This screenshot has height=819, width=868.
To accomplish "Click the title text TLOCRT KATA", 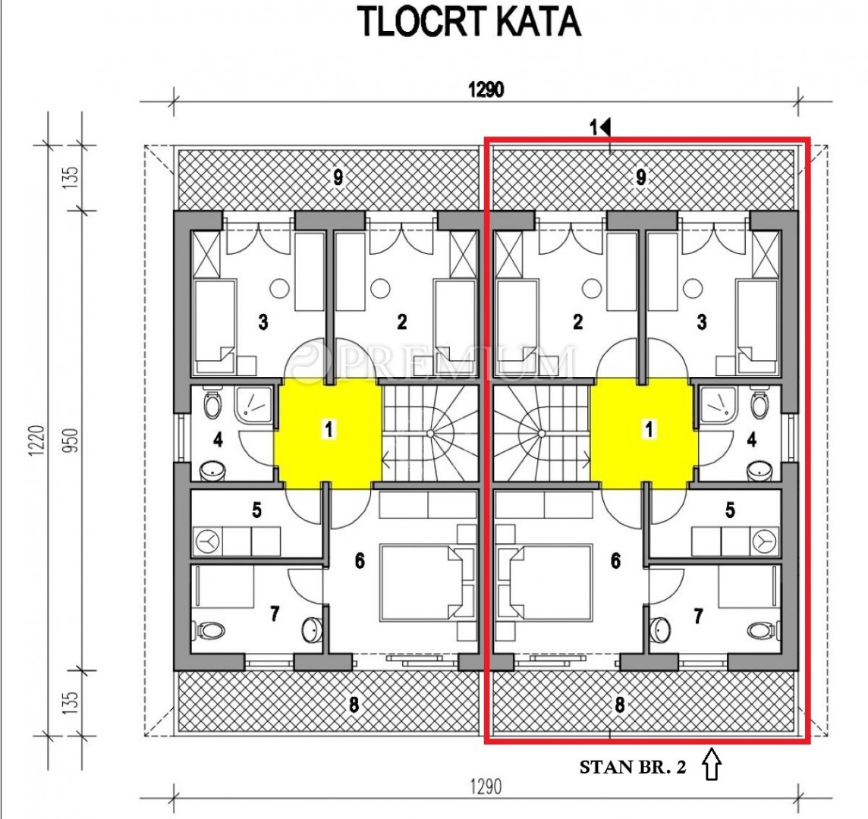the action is [x=471, y=23].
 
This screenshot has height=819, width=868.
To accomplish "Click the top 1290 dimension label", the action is [x=486, y=89].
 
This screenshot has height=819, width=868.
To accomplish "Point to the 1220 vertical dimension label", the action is [x=36, y=441].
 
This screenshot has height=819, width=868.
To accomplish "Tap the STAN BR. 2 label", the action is [x=633, y=767].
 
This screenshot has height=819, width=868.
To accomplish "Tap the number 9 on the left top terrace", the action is [x=338, y=178].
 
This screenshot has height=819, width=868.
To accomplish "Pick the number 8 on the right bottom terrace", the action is [x=619, y=704].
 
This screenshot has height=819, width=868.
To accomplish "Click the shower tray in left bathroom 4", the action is [x=254, y=406].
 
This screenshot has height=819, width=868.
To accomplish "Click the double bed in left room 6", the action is [x=420, y=582].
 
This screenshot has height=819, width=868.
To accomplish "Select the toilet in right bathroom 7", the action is [x=761, y=629].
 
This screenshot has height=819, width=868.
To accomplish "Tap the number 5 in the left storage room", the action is [x=256, y=510].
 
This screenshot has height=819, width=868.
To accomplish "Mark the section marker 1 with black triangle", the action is [x=600, y=128].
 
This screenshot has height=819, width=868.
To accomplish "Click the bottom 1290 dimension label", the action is [x=486, y=786].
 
